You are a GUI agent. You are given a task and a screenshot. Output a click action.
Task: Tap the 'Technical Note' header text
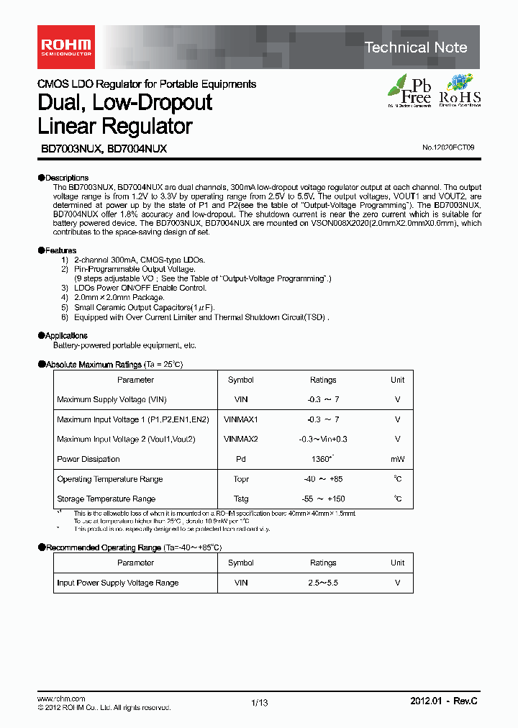pyautogui.click(x=416, y=47)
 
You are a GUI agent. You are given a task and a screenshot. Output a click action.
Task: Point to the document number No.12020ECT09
pyautogui.click(x=448, y=147)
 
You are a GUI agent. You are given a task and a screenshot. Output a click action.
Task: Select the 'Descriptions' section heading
pyautogui.click(x=66, y=178)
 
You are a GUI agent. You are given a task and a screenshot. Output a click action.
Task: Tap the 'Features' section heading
pyautogui.click(x=60, y=250)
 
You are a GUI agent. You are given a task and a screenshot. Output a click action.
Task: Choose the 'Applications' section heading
pyautogui.click(x=65, y=335)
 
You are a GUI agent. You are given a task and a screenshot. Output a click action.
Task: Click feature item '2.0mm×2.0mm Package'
pyautogui.click(x=119, y=297)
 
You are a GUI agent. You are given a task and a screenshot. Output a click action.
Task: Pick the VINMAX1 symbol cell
pyautogui.click(x=240, y=419)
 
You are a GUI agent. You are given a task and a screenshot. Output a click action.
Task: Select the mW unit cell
pyautogui.click(x=397, y=459)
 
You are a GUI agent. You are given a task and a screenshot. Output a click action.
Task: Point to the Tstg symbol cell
pyautogui.click(x=240, y=499)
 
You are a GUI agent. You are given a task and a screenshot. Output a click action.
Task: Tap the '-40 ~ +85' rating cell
pyautogui.click(x=322, y=479)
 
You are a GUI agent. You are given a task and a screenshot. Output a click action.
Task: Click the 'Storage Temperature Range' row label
pyautogui.click(x=106, y=499)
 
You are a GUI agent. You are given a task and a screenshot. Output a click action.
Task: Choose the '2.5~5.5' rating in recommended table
pyautogui.click(x=322, y=583)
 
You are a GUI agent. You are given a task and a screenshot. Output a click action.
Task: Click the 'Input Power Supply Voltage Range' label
pyautogui.click(x=117, y=583)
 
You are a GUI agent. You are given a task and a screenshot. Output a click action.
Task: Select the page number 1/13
pyautogui.click(x=259, y=703)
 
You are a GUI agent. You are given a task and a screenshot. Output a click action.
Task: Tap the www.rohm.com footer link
pyautogui.click(x=61, y=699)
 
